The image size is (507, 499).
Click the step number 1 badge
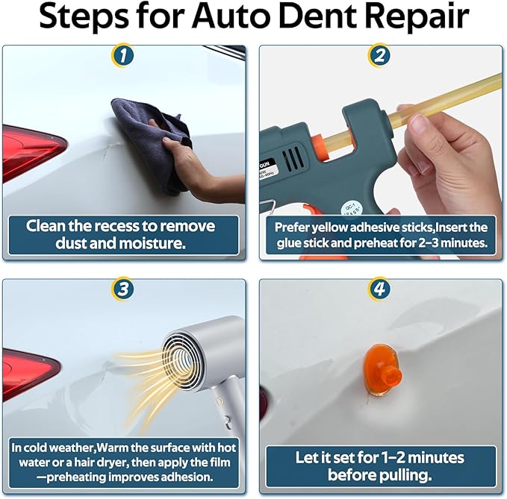(124, 54)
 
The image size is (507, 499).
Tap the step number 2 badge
(380, 54)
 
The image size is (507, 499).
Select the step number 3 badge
(124, 289)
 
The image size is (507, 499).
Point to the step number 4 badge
(380, 289)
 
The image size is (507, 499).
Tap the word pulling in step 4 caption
(408, 474)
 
